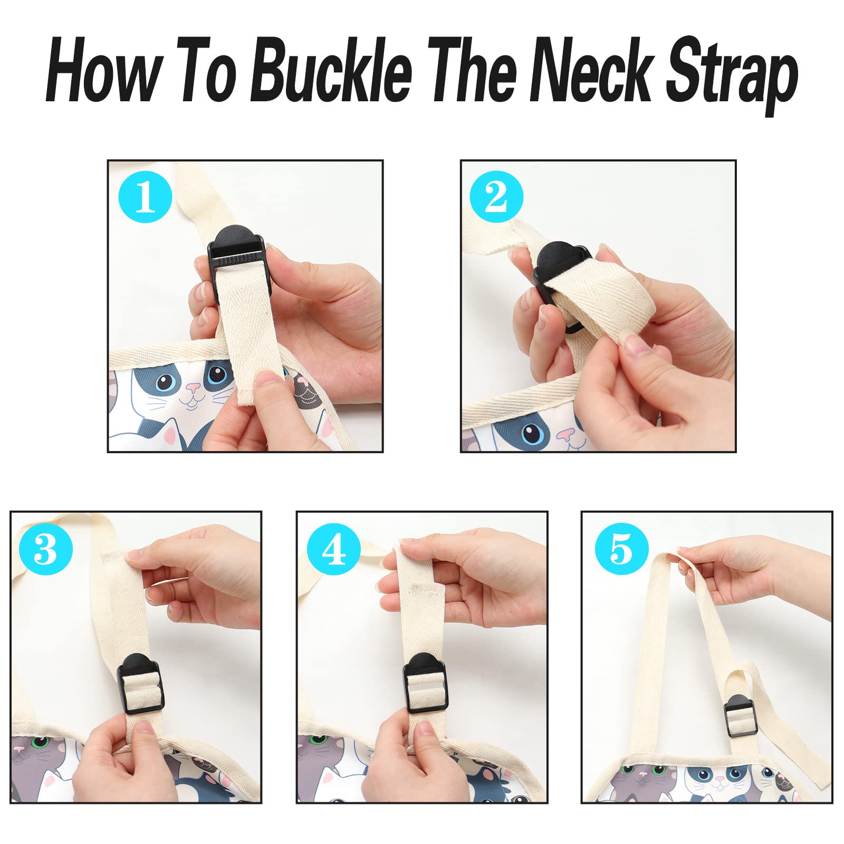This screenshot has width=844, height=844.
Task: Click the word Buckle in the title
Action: [x=331, y=70]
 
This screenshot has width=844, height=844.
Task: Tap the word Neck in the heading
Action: [x=591, y=70]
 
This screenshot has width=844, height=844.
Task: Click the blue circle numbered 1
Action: [x=146, y=196]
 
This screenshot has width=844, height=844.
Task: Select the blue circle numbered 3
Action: [x=45, y=549]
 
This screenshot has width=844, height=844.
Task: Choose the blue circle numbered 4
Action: [x=334, y=549]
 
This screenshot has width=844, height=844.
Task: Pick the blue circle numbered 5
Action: [x=622, y=549]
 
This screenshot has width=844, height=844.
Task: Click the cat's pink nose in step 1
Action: [x=194, y=389]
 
